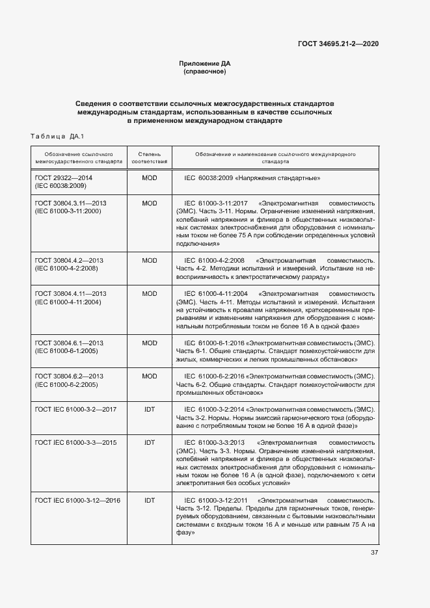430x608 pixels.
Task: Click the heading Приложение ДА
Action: pos(205,63)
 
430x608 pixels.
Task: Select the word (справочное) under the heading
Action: pos(205,72)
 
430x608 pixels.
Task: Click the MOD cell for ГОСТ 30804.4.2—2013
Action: pos(150,260)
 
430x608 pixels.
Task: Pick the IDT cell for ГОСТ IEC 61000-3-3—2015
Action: pos(150,442)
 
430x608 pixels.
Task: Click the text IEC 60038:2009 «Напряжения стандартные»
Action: pos(252,178)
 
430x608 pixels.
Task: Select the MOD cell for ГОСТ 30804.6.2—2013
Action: pos(150,376)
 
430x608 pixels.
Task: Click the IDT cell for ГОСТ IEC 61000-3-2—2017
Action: pos(150,409)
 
